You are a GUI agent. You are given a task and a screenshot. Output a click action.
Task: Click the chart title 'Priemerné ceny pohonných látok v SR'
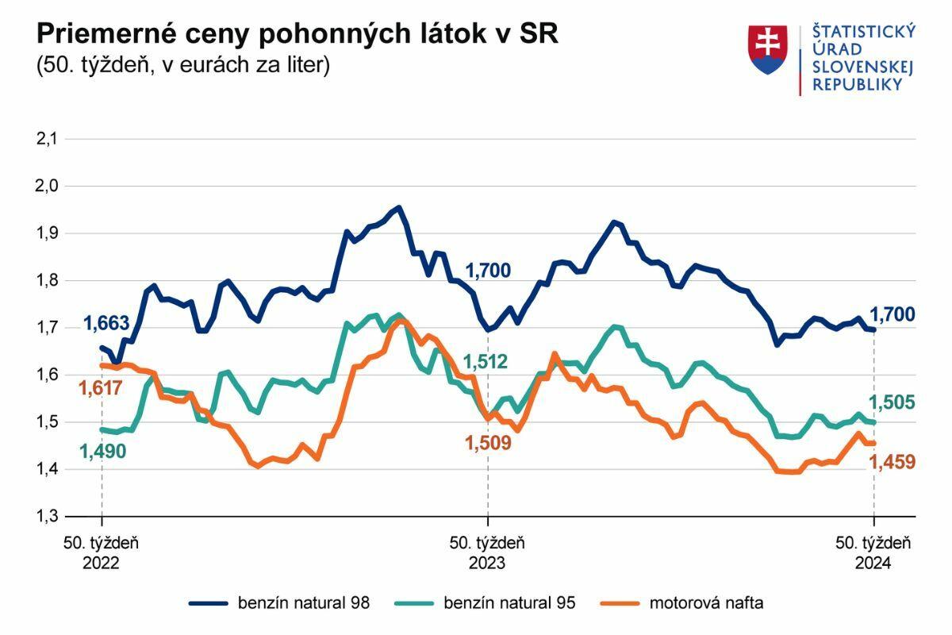click(x=297, y=34)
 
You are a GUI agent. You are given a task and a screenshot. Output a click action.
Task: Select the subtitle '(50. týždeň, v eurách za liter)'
click(x=182, y=65)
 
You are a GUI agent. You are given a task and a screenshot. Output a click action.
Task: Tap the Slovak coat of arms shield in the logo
click(x=767, y=50)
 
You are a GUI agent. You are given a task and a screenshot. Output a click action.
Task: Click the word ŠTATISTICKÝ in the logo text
click(x=863, y=32)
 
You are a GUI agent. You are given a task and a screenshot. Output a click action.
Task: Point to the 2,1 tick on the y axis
click(x=48, y=139)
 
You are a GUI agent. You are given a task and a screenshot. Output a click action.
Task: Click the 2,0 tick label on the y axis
click(x=48, y=186)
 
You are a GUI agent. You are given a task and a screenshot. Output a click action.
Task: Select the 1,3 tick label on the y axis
click(x=48, y=517)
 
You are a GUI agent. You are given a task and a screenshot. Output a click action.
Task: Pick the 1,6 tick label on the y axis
click(x=48, y=375)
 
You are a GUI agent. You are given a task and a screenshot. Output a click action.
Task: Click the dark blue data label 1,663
click(x=106, y=324)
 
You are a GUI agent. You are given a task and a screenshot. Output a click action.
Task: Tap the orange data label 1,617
click(x=101, y=388)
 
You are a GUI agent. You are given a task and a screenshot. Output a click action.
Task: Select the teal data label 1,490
click(x=102, y=451)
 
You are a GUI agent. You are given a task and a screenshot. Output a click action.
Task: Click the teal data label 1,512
click(x=488, y=362)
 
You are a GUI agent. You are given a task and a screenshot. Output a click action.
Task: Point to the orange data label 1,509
click(x=487, y=443)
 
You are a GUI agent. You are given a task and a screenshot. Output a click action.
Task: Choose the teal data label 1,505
click(x=892, y=402)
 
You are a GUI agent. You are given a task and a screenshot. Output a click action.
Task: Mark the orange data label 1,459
click(x=892, y=462)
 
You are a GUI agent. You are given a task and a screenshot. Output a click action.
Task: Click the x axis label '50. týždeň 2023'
click(x=487, y=553)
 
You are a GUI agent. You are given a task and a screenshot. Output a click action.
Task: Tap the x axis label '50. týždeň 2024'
click(x=873, y=553)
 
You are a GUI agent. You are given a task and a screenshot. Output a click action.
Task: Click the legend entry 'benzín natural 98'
click(x=279, y=603)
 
